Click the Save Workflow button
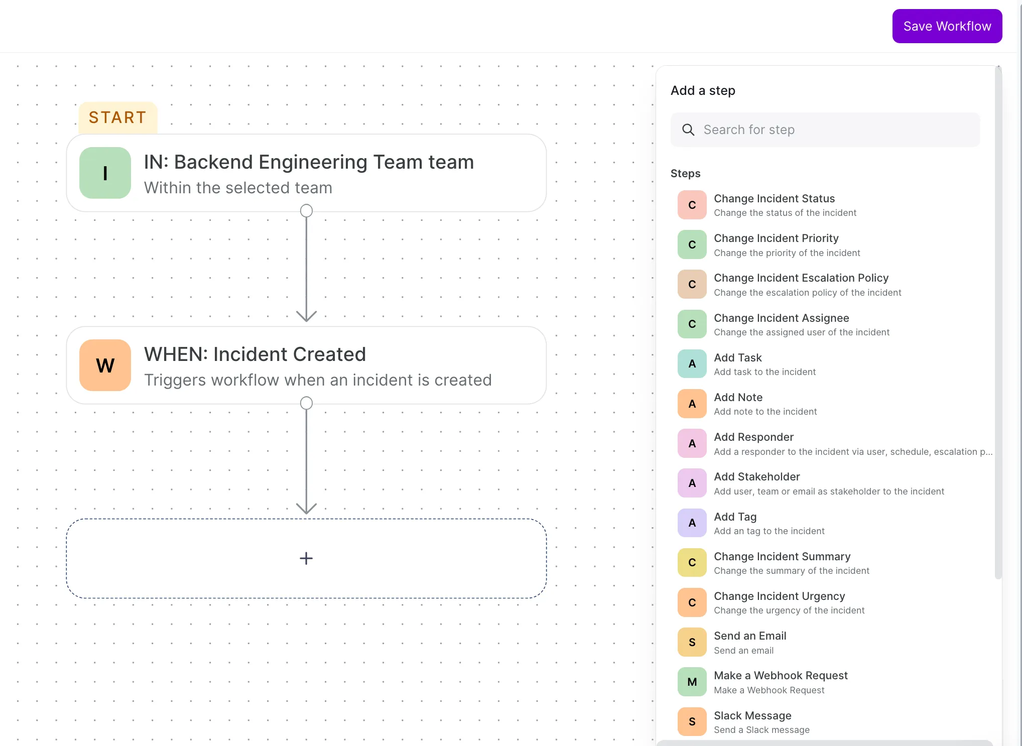click(947, 26)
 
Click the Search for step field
click(825, 130)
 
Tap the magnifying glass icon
click(688, 130)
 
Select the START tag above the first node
click(118, 117)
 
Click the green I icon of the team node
click(105, 173)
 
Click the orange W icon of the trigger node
click(105, 365)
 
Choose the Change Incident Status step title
click(775, 199)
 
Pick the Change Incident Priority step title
click(776, 238)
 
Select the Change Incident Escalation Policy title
click(801, 278)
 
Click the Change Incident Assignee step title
click(782, 318)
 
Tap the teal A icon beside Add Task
click(692, 364)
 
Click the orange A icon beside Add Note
click(692, 404)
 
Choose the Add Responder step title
click(753, 437)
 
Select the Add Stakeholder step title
click(757, 477)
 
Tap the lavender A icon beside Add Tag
click(692, 523)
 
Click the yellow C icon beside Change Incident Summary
click(692, 563)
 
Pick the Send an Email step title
click(750, 636)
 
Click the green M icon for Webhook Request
click(692, 682)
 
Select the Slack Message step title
click(752, 716)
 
